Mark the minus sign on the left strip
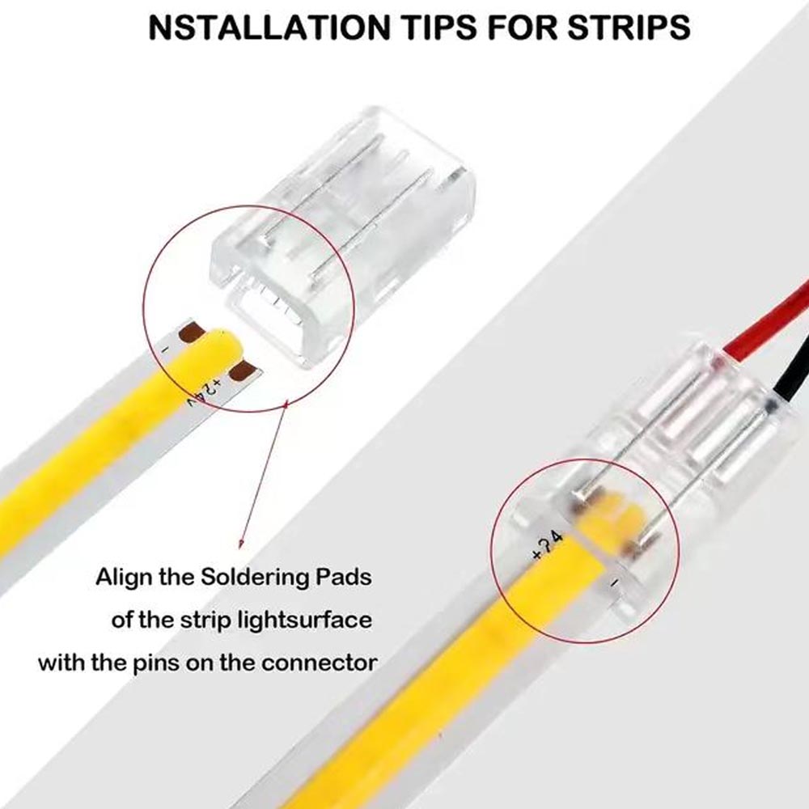(x=165, y=349)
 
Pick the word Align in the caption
(x=123, y=578)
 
